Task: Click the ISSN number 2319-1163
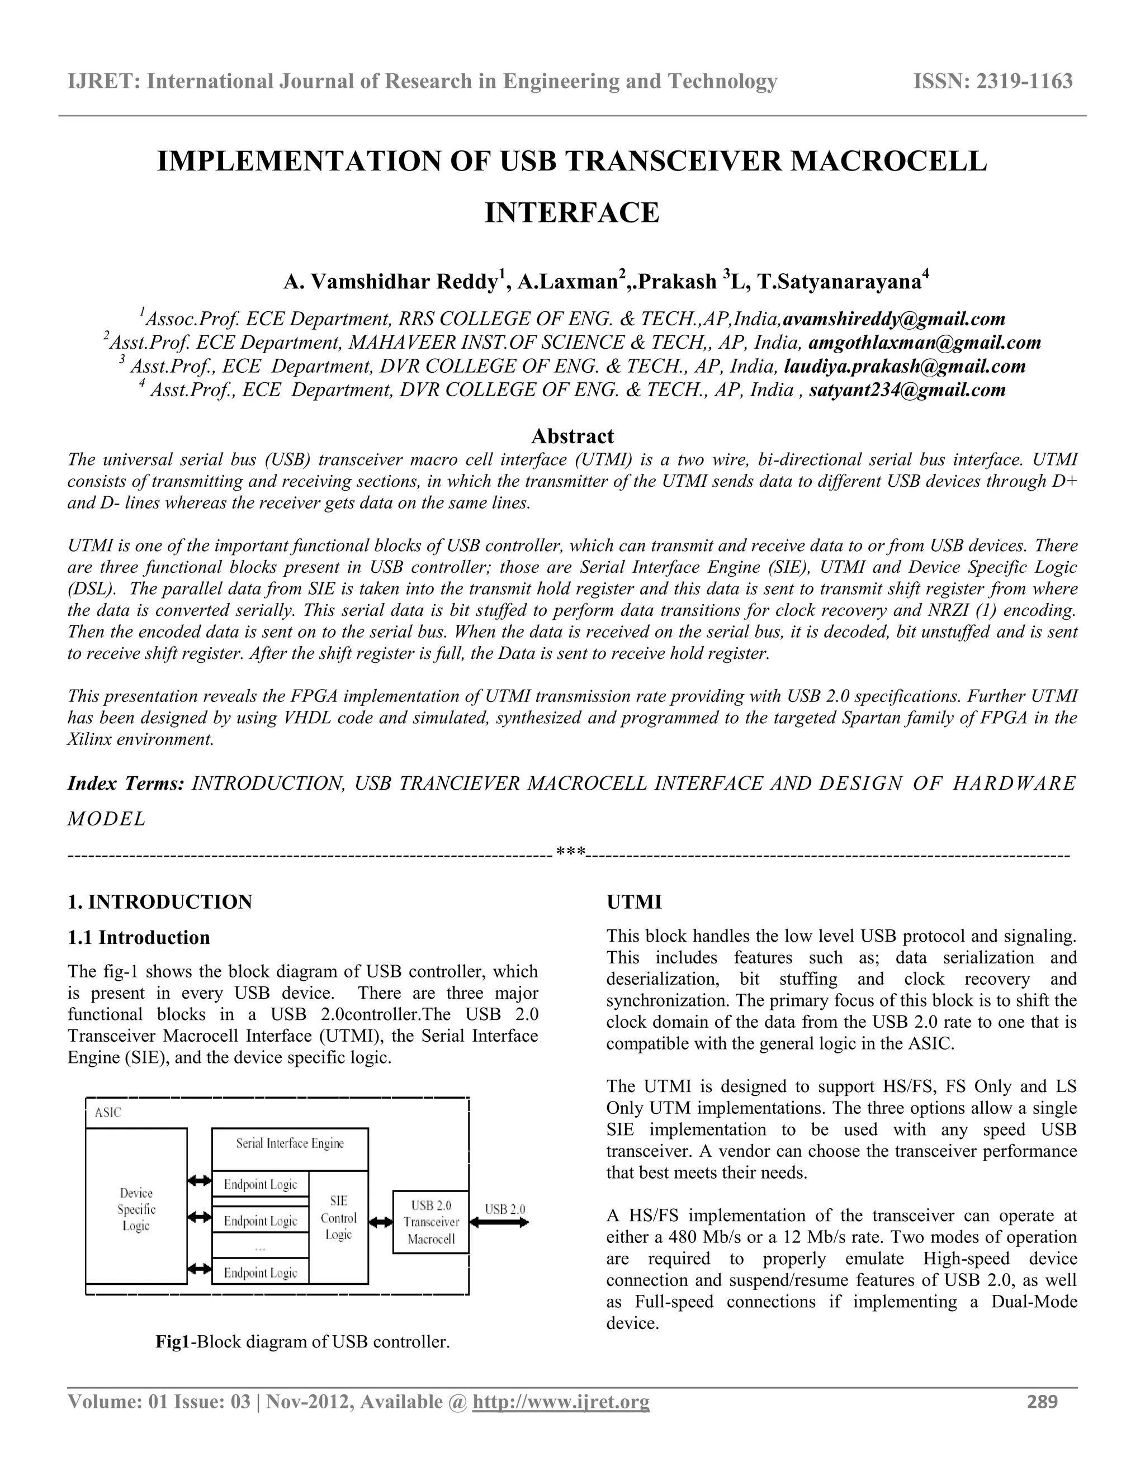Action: (x=1024, y=82)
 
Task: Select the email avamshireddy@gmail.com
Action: (x=893, y=319)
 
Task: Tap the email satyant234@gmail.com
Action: (x=907, y=390)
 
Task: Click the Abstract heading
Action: (x=572, y=435)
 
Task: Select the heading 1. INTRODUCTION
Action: (x=160, y=902)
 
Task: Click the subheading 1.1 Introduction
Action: (x=139, y=937)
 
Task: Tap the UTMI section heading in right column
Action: (x=633, y=902)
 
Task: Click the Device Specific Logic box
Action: (x=136, y=1209)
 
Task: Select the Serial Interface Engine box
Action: (x=290, y=1143)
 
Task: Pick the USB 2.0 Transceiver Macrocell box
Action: (x=430, y=1221)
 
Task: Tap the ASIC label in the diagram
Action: (x=108, y=1113)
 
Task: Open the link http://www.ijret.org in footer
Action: (x=560, y=1402)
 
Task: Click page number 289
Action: (x=1042, y=1402)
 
